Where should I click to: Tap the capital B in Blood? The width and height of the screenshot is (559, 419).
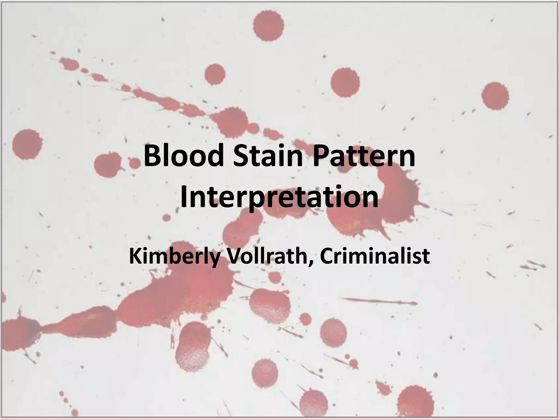[151, 157]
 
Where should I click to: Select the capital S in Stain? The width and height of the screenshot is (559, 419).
[240, 157]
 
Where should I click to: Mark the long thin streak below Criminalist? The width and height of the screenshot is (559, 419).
[379, 301]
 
